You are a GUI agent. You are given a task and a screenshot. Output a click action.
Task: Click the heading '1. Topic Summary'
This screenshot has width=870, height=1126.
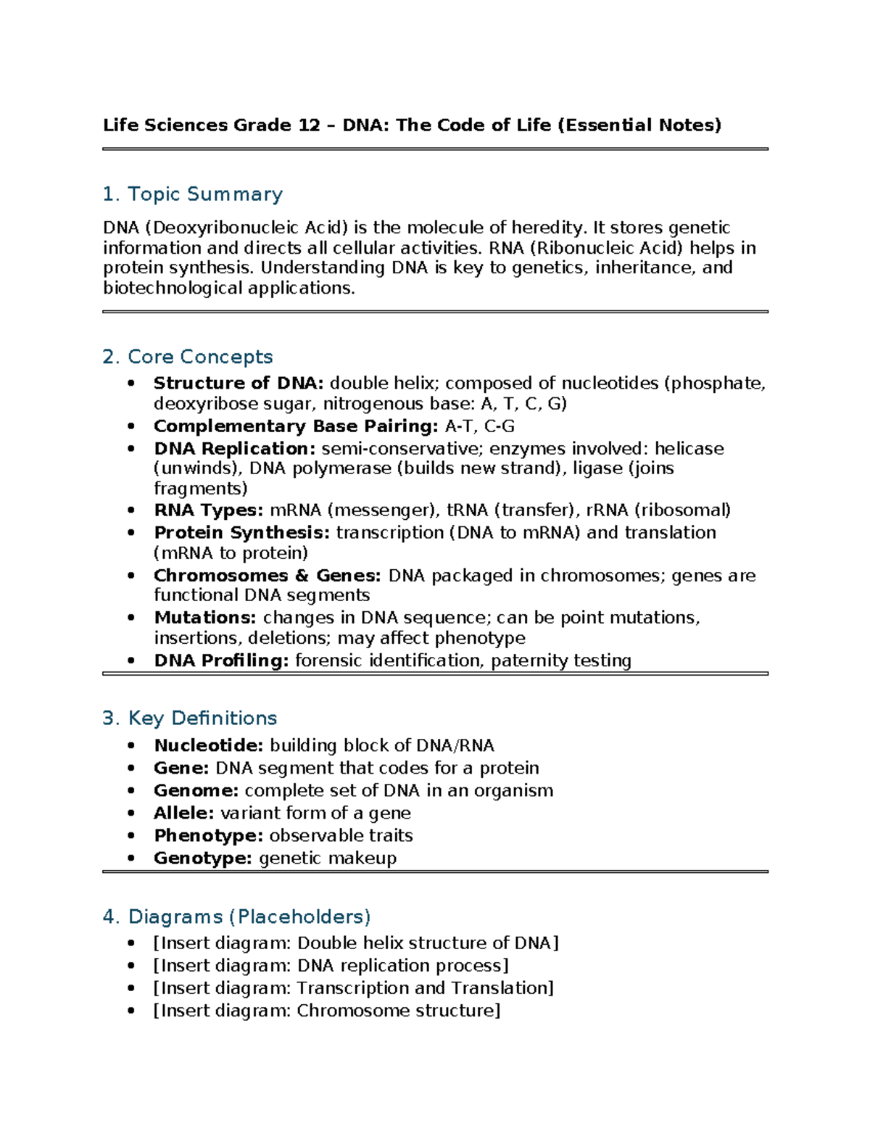pyautogui.click(x=192, y=194)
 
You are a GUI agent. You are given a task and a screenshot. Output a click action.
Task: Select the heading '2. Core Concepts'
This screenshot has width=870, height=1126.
pyautogui.click(x=187, y=357)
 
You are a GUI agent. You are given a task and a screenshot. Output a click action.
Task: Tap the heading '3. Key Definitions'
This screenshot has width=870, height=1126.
pyautogui.click(x=189, y=718)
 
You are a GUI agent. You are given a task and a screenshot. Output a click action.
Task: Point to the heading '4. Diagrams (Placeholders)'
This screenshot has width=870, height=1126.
pyautogui.click(x=236, y=916)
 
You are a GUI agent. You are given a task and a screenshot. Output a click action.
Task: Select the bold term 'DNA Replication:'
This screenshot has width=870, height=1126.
pyautogui.click(x=235, y=448)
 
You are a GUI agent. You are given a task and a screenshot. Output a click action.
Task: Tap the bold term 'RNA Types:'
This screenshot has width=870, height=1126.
pyautogui.click(x=209, y=510)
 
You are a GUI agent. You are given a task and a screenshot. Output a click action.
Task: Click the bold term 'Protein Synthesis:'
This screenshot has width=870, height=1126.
pyautogui.click(x=241, y=532)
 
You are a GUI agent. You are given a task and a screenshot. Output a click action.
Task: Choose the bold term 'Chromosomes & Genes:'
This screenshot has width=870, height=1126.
pyautogui.click(x=267, y=575)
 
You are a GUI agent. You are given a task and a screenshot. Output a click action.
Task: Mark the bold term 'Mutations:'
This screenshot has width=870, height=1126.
pyautogui.click(x=205, y=617)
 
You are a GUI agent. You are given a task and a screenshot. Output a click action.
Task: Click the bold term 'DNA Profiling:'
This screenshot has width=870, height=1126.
pyautogui.click(x=221, y=661)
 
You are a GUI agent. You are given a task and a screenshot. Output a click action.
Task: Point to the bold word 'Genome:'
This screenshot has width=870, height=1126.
pyautogui.click(x=196, y=790)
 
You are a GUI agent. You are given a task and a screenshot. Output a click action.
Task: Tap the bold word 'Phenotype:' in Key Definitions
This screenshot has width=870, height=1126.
pyautogui.click(x=208, y=835)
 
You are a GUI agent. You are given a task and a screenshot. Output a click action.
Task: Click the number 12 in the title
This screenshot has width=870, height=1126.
pyautogui.click(x=309, y=125)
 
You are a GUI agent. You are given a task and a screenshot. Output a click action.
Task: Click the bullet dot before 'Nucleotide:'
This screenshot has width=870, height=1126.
pyautogui.click(x=131, y=745)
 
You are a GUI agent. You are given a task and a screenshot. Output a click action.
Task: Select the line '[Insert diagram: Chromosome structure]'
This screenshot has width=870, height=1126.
pyautogui.click(x=326, y=1010)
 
